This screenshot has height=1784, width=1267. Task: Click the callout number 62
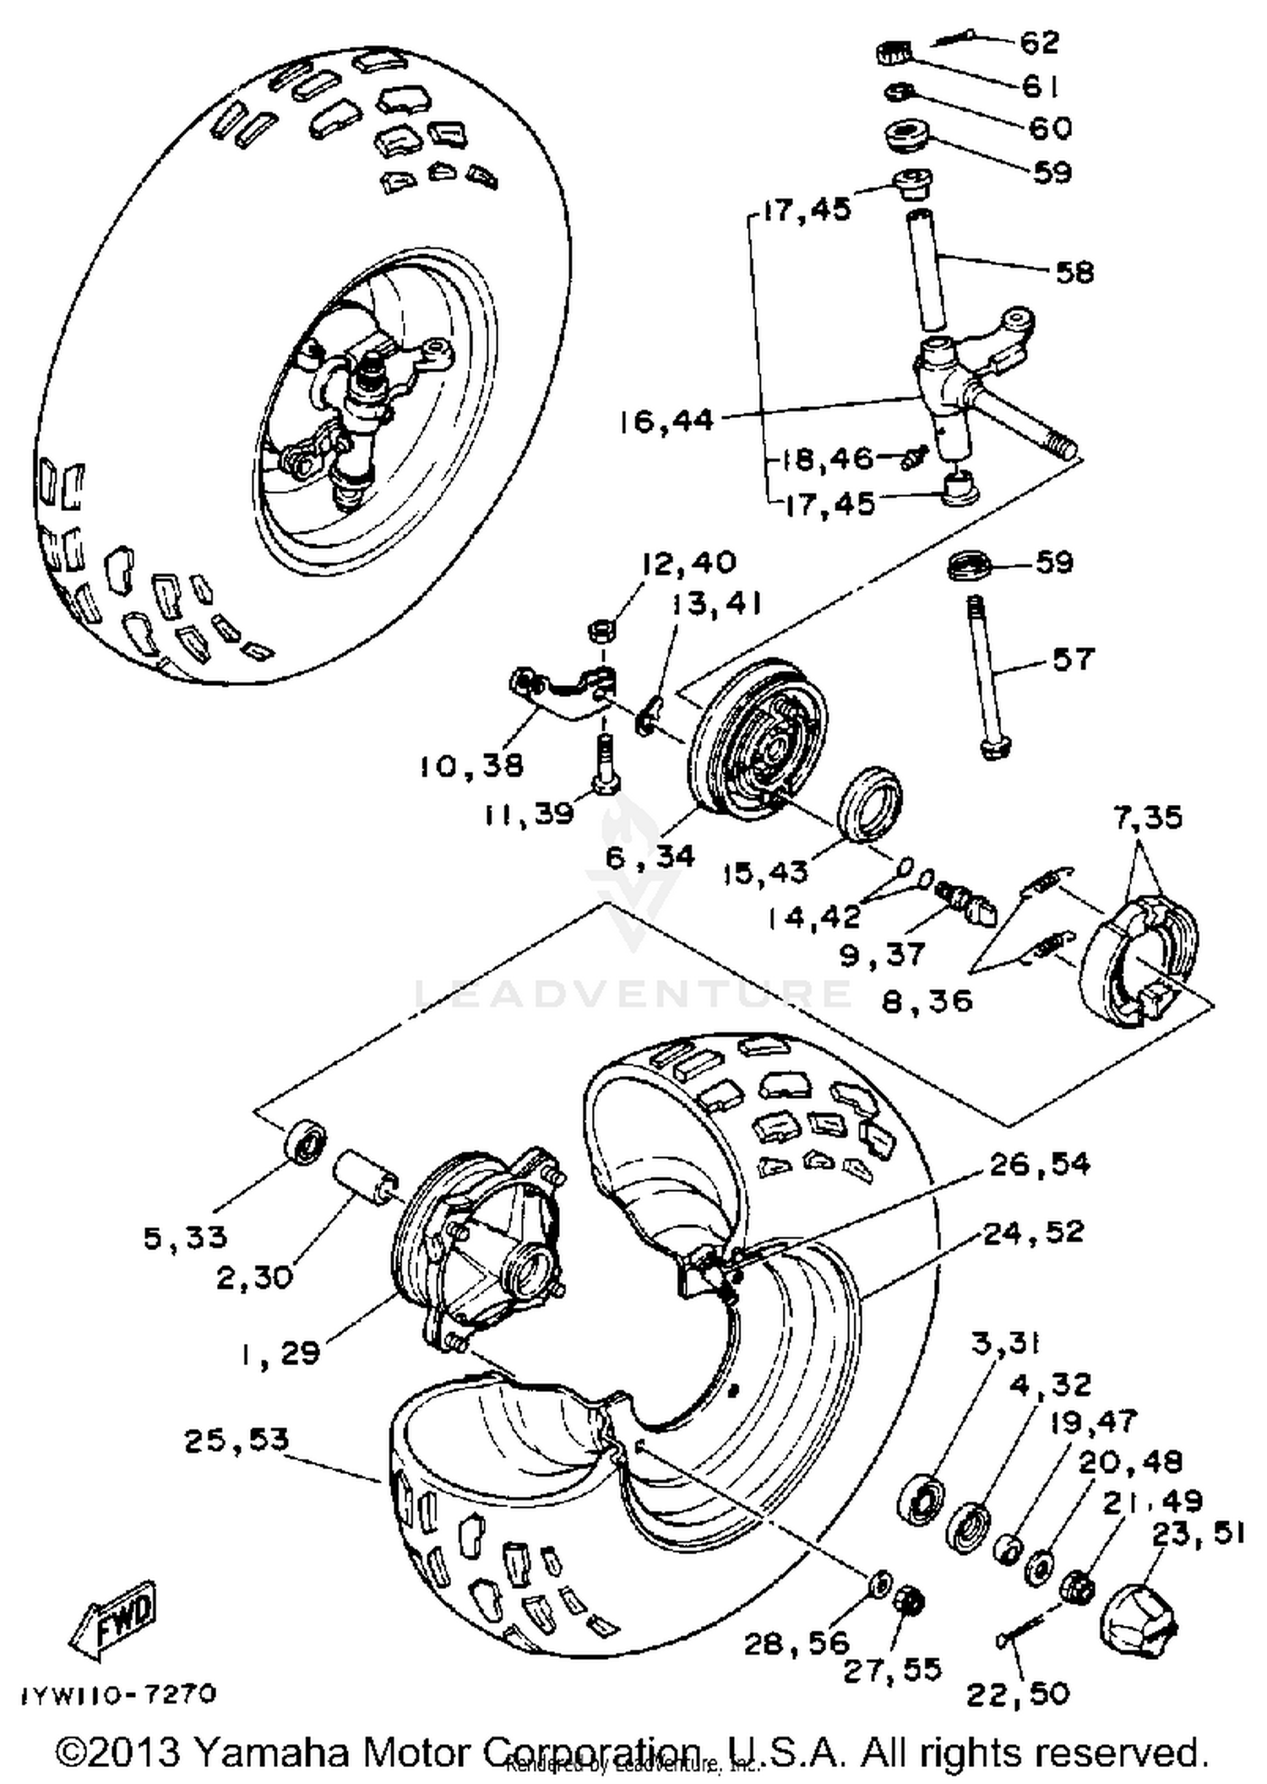pos(1039,42)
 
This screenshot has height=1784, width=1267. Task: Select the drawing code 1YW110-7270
pos(119,1694)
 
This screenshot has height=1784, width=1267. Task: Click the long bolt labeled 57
pos(987,676)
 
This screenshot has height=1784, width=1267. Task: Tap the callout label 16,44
pos(666,420)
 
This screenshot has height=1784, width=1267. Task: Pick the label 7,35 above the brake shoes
pos(1147,818)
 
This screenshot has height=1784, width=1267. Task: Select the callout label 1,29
pos(279,1353)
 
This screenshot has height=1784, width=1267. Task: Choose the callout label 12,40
pos(688,563)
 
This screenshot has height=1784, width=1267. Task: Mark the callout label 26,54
pos(1039,1165)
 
